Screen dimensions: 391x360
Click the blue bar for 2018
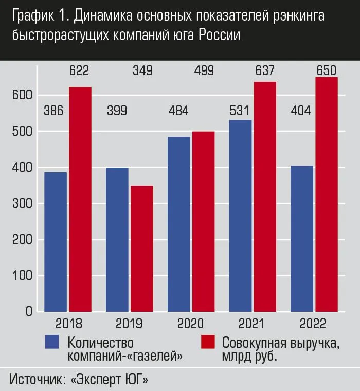[x=56, y=242]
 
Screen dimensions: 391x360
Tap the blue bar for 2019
[x=117, y=240]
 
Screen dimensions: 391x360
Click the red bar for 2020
[x=203, y=222]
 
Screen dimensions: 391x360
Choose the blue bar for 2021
[x=240, y=216]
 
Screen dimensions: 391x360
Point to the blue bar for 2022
[x=302, y=239]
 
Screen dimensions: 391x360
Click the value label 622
[x=79, y=71]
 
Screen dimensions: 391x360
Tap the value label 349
[x=142, y=71]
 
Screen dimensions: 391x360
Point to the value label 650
[x=327, y=71]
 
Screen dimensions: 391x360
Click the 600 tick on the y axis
[x=24, y=96]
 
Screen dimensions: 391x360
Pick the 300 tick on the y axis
[x=24, y=204]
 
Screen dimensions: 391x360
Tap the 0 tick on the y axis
[x=29, y=312]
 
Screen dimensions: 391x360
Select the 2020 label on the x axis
[x=190, y=324]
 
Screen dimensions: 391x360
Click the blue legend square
[x=52, y=342]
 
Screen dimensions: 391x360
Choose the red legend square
[x=208, y=342]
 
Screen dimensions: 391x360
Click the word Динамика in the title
[x=103, y=16]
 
